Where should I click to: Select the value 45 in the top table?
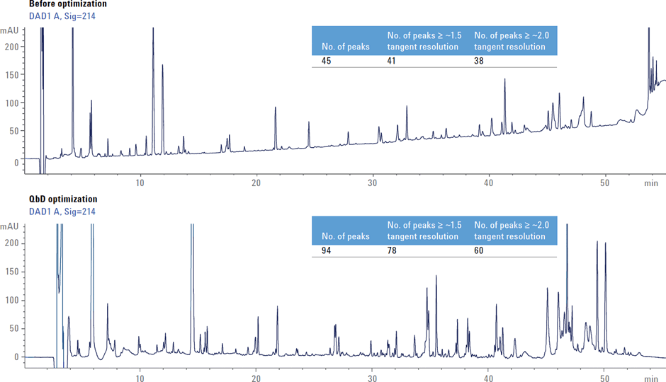pyautogui.click(x=327, y=62)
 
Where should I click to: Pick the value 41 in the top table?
pyautogui.click(x=392, y=62)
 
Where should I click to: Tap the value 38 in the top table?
pyautogui.click(x=479, y=62)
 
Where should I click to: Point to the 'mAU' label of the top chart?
pyautogui.click(x=10, y=30)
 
